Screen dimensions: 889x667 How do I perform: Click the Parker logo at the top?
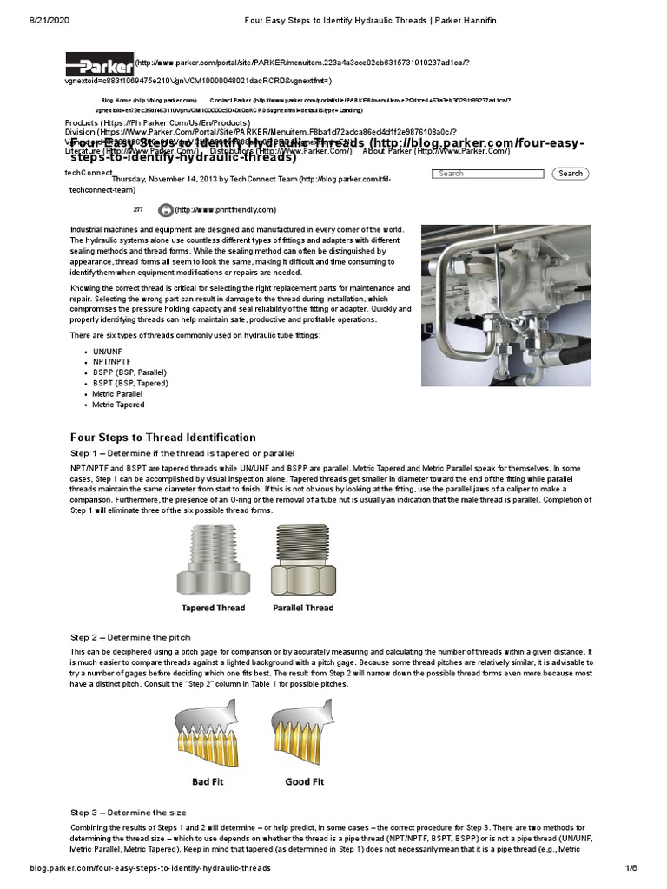click(99, 63)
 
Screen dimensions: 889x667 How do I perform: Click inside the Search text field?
click(487, 174)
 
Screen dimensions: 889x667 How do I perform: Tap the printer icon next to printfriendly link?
click(165, 210)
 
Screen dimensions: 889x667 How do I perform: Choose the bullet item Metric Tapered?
click(118, 405)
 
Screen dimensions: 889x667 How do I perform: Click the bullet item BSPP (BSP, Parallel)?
click(129, 372)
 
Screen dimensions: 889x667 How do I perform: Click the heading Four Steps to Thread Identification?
click(162, 438)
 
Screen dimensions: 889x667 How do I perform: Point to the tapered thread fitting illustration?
click(213, 560)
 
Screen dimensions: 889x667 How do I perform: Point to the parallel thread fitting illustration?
click(304, 560)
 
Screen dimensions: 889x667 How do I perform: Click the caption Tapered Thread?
click(213, 608)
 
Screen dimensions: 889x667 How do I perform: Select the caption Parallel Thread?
click(303, 608)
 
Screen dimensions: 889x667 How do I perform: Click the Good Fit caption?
click(304, 781)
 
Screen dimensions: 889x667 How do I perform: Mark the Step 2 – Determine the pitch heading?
click(129, 637)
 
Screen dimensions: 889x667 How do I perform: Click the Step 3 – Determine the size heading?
click(128, 813)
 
